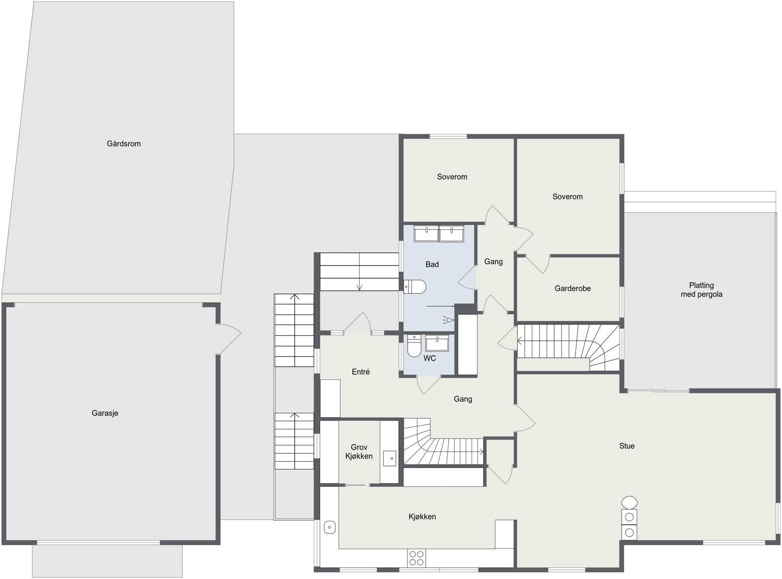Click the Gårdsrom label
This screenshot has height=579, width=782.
click(124, 144)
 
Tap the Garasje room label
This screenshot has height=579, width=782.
click(105, 413)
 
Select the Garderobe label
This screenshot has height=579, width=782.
click(572, 289)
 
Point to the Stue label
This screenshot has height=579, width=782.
click(627, 446)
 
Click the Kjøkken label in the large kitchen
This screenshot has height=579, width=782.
click(422, 516)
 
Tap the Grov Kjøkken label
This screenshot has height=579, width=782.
click(359, 452)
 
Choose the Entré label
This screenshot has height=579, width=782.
click(361, 372)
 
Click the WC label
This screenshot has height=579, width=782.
click(430, 358)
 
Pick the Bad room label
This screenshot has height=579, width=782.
click(432, 265)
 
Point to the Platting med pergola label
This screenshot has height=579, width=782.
click(701, 290)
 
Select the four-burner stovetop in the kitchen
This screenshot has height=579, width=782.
click(416, 558)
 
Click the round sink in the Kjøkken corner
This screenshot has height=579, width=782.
click(330, 527)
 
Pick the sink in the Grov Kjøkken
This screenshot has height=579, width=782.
click(390, 458)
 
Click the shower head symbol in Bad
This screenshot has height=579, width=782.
click(448, 320)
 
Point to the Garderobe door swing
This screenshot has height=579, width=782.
click(538, 264)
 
